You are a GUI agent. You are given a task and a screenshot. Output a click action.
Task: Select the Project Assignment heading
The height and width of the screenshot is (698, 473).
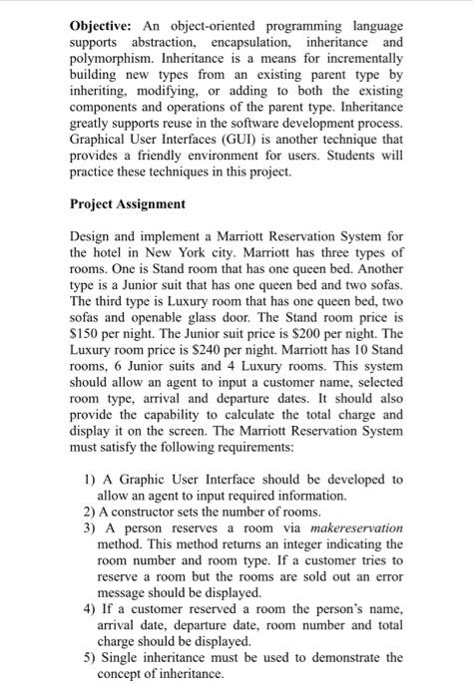tap(127, 203)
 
